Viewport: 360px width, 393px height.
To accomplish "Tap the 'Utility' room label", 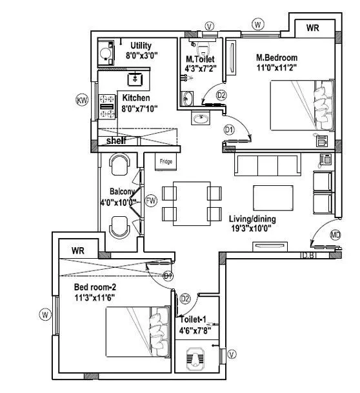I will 141,45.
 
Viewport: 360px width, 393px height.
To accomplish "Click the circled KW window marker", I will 82,100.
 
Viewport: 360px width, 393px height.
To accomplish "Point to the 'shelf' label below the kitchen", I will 116,140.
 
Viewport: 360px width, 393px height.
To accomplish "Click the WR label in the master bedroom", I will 313,28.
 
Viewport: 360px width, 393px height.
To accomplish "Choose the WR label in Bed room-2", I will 79,250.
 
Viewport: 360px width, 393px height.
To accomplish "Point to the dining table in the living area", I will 192,202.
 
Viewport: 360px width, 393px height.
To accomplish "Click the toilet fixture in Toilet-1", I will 196,359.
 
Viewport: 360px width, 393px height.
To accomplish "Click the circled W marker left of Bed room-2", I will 45,314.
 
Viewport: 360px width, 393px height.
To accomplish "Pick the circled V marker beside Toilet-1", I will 232,353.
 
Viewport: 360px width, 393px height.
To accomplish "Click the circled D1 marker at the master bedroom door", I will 228,130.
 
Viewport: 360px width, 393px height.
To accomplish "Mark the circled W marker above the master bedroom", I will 258,25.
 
